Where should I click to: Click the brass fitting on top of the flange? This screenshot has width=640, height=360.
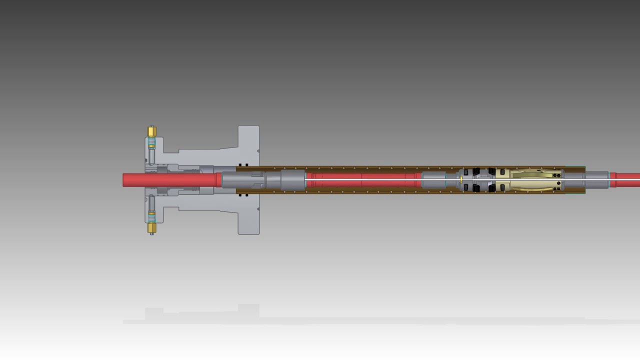tap(152, 131)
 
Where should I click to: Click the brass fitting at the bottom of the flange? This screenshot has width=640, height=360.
tap(152, 228)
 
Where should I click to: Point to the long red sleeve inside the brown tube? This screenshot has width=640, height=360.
tap(362, 180)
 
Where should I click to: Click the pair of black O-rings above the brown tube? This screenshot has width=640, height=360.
tap(243, 165)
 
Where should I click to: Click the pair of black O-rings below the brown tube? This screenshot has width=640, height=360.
tap(243, 195)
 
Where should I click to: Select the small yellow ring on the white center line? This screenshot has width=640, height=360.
tap(460, 179)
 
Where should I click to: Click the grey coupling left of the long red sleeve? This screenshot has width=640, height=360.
tap(292, 179)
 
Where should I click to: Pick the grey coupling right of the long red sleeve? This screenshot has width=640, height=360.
tap(433, 180)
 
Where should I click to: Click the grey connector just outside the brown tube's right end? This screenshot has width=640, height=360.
tap(597, 180)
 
